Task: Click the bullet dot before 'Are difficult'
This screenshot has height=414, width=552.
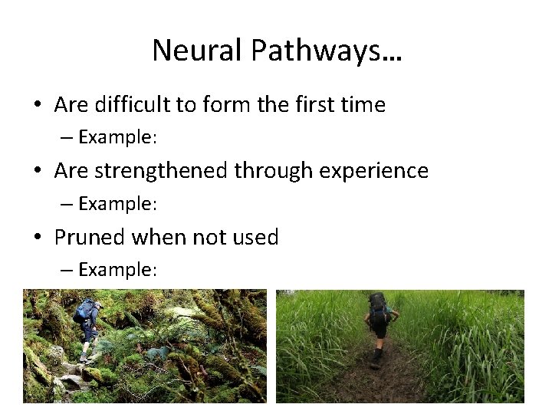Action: [x=38, y=105]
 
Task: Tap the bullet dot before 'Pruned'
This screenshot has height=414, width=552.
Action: [x=38, y=238]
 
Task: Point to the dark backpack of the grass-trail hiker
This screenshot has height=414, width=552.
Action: [x=377, y=307]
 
